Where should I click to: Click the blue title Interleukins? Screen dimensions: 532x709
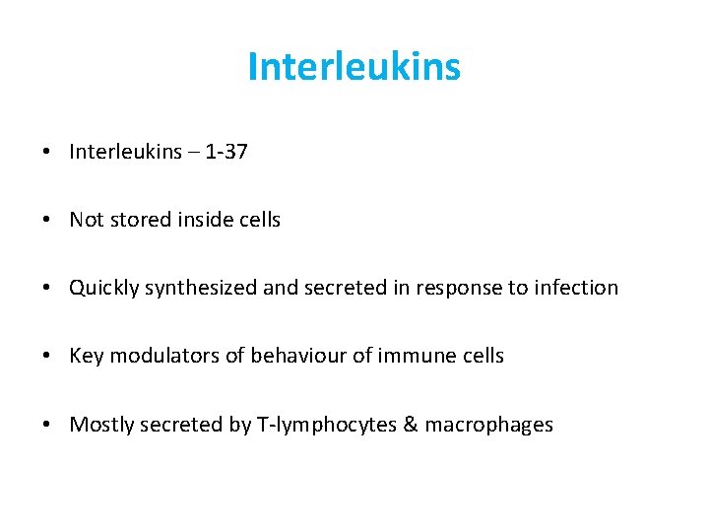[x=354, y=67]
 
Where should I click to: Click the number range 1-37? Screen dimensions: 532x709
[x=226, y=152]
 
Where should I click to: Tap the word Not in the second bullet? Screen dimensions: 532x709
[x=86, y=220]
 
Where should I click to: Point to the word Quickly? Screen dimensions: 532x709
[x=103, y=288]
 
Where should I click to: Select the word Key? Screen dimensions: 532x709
[x=86, y=356]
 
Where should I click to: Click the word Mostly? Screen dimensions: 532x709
[x=101, y=425]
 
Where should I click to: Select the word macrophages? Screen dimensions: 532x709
[x=488, y=425]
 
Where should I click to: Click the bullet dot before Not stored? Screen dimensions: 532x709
[x=47, y=221]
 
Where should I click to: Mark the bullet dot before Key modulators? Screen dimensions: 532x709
[x=47, y=357]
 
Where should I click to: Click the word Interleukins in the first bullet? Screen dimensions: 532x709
[x=125, y=152]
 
